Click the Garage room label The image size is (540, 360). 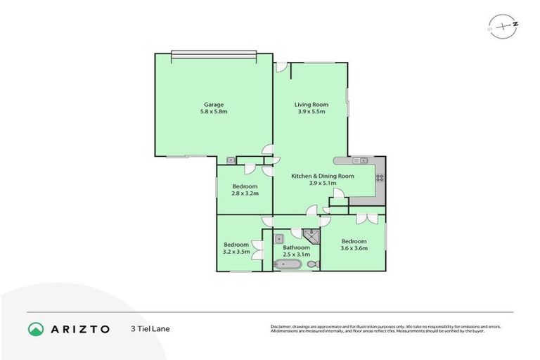(x=214, y=105)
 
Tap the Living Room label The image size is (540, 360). (x=311, y=105)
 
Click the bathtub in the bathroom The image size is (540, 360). (x=288, y=264)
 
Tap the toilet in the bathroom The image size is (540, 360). (x=314, y=264)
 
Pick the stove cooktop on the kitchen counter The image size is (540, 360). (x=380, y=177)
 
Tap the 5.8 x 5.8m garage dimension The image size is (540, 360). (x=214, y=112)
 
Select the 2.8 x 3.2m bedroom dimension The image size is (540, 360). (x=245, y=193)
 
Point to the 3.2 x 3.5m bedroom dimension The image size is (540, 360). (x=236, y=251)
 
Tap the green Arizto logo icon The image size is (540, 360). (x=36, y=328)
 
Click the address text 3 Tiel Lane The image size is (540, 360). (x=150, y=328)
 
